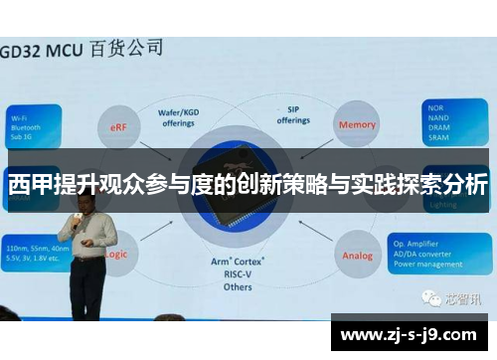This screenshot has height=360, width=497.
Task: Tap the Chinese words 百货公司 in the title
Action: pyautogui.click(x=128, y=47)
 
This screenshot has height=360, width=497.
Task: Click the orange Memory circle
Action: pyautogui.click(x=357, y=125)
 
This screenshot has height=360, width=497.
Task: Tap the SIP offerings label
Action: pyautogui.click(x=293, y=115)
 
